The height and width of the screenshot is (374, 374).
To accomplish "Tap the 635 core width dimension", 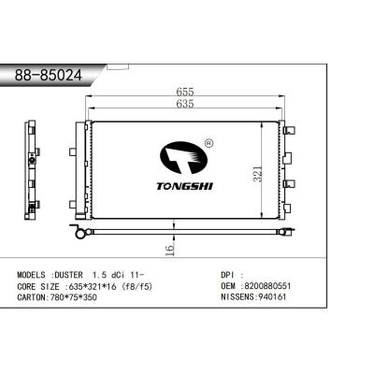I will click(x=182, y=105).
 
